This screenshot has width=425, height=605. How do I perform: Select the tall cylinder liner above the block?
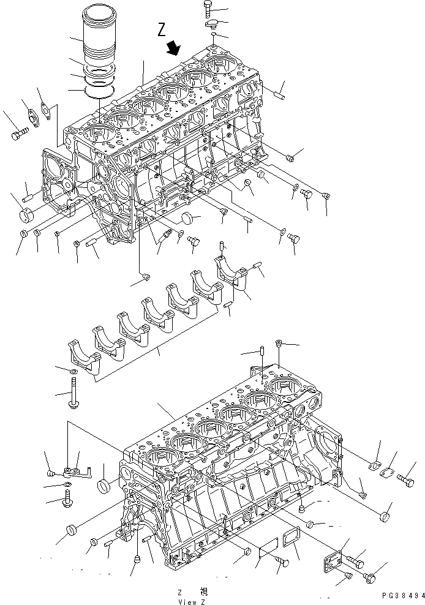pos(97,37)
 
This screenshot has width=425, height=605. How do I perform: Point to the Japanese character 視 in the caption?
pos(204,591)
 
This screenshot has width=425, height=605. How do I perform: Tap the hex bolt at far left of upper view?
pos(18,132)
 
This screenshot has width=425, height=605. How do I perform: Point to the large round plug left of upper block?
pos(28,216)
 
